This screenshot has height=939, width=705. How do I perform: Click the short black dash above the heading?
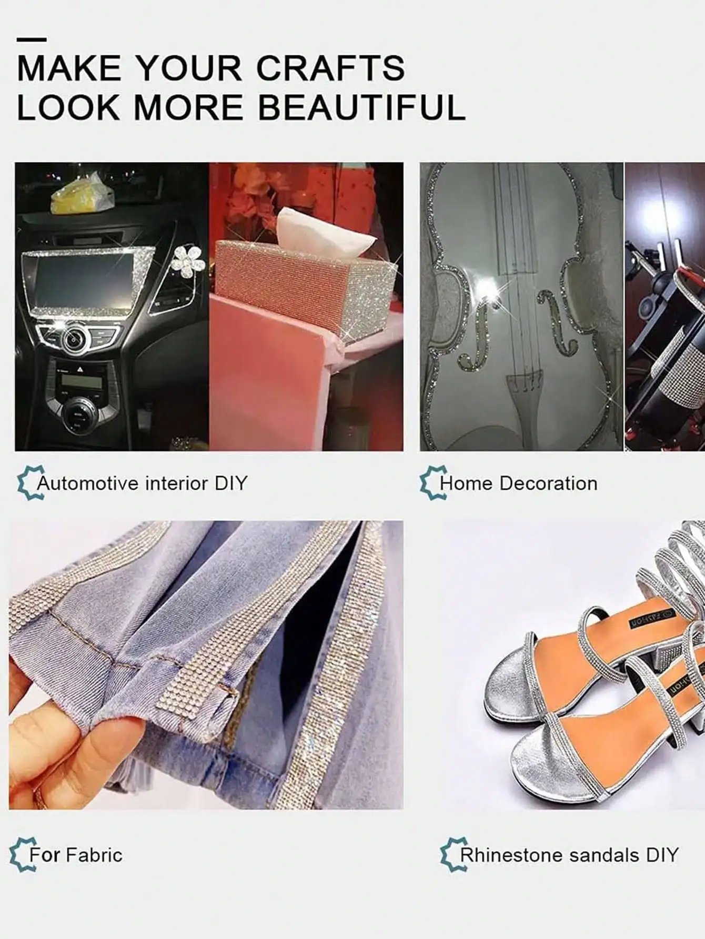[x=32, y=39]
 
